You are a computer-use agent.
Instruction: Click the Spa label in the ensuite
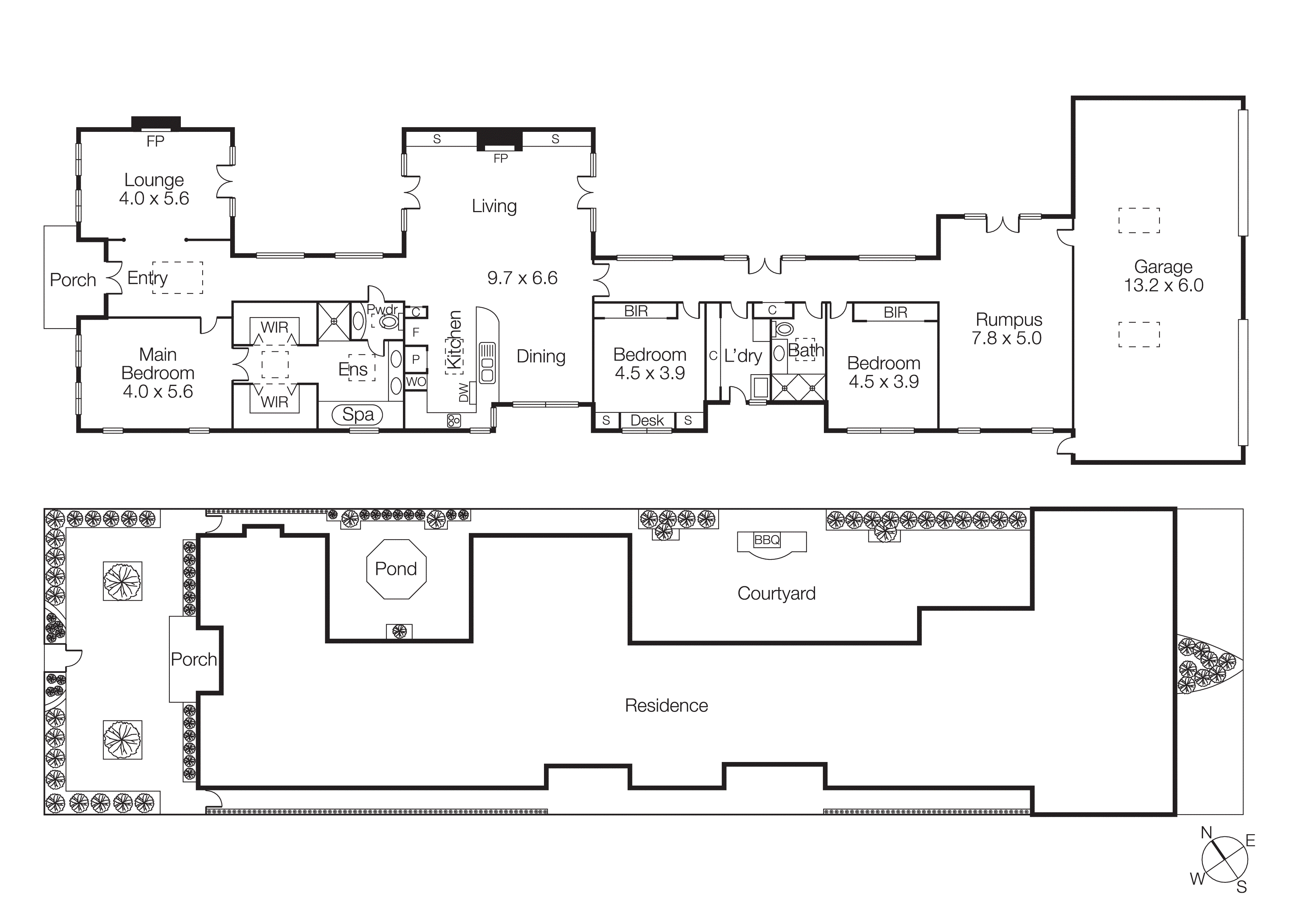tap(358, 415)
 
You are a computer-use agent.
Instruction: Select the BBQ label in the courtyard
tap(766, 540)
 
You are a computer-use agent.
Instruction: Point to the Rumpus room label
tap(1008, 320)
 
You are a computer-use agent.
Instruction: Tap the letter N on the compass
tap(1207, 833)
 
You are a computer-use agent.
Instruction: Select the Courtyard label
tap(776, 593)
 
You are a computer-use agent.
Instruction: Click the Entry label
tap(147, 278)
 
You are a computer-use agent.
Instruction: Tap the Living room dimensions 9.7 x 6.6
tap(522, 278)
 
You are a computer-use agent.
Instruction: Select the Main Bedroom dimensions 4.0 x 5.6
tap(158, 391)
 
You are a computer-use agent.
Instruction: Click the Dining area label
tap(541, 356)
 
